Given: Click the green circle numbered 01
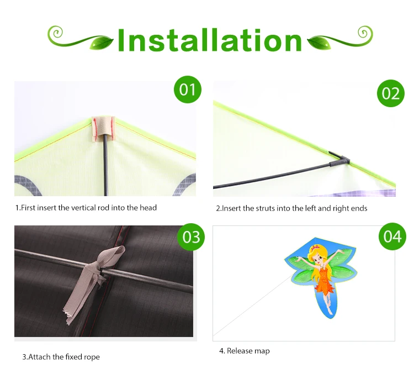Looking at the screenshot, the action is pyautogui.click(x=188, y=90).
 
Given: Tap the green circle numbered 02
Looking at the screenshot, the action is pyautogui.click(x=390, y=93).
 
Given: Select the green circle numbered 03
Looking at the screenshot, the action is pyautogui.click(x=191, y=237).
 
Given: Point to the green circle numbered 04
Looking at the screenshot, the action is pyautogui.click(x=392, y=236).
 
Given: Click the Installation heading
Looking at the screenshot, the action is pyautogui.click(x=210, y=40).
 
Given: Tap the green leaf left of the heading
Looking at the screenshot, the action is pyautogui.click(x=101, y=43).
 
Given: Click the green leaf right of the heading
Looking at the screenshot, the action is pyautogui.click(x=319, y=43).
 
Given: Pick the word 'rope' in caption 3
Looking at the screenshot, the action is pyautogui.click(x=92, y=357).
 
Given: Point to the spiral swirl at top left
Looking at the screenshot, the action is pyautogui.click(x=55, y=33).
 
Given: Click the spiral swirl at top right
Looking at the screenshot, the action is pyautogui.click(x=365, y=33).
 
